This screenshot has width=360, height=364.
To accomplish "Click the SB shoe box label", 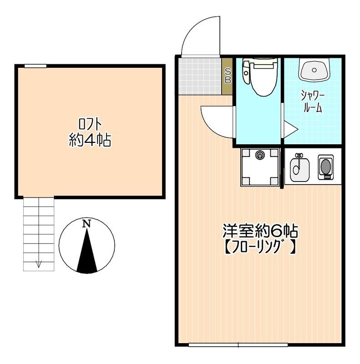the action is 228,76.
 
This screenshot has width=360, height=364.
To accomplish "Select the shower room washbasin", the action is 314,70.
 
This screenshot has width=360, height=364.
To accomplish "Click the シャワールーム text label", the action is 313,101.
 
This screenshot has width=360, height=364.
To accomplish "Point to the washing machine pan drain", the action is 259,155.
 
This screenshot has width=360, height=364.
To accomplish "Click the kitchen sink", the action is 299,167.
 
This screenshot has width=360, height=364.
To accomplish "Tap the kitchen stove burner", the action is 325,166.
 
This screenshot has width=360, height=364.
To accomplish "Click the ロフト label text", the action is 90,124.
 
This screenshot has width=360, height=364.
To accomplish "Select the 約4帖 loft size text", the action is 90,140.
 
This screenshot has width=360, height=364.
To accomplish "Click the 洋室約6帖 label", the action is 260,231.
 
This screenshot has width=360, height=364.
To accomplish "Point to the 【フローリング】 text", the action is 260,247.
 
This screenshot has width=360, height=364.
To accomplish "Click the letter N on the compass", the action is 86,224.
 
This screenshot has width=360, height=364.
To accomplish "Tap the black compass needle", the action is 87,251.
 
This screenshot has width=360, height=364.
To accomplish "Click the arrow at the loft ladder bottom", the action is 39,264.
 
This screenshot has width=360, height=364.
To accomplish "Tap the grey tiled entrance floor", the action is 200,76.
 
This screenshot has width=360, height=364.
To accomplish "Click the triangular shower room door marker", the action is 290,129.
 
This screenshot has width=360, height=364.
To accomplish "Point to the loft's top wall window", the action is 35,66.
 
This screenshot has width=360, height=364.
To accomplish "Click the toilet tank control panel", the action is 246,72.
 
